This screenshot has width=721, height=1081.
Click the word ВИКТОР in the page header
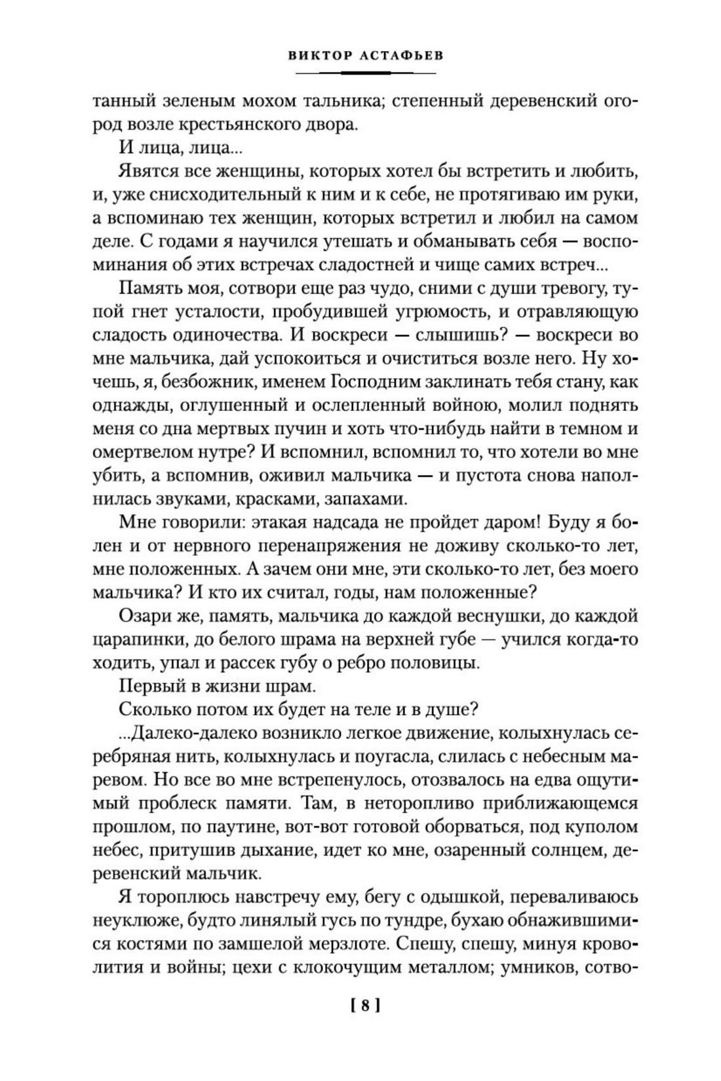point(316,55)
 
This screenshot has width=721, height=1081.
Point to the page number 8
point(360,1005)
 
